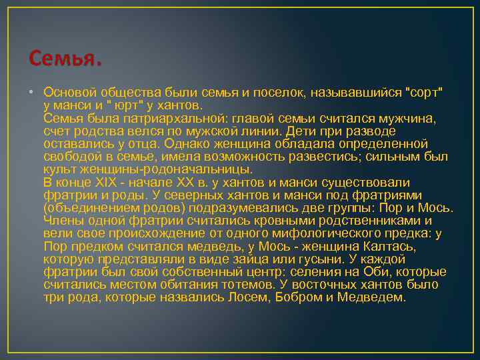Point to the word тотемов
tap(243, 285)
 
